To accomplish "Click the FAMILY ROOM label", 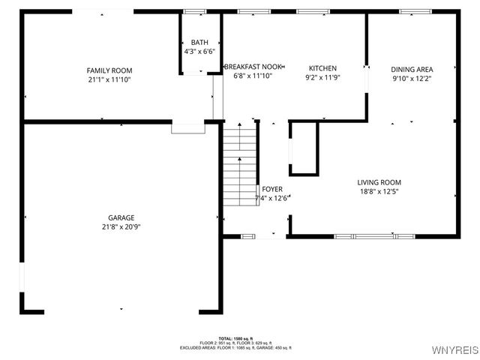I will coord(109,70).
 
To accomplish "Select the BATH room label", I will coord(199,43).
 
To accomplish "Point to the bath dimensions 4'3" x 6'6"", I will coord(199,52).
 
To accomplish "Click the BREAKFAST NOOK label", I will coord(253,67).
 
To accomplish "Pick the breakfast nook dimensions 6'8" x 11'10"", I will coord(253,76).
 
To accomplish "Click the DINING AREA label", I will coord(412,69).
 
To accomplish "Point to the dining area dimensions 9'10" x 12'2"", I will coord(412,78).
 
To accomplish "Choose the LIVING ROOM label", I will coord(379,182).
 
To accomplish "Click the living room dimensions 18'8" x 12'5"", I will coord(379,191).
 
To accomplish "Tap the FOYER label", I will coord(272,189).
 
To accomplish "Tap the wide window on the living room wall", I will coord(374,236).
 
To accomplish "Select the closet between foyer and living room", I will coord(304,148).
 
